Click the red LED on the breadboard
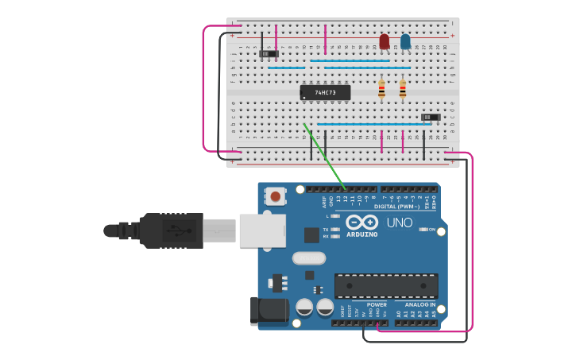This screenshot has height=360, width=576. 385,41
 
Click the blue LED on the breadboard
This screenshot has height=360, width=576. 405,41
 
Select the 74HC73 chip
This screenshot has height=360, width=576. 325,92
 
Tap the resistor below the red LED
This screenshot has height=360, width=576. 382,90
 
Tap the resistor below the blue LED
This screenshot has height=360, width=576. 403,90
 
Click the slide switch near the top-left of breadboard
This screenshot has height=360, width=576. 269,54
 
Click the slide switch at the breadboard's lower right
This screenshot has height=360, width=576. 430,117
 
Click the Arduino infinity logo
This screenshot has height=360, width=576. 362,223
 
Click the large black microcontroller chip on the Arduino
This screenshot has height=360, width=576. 386,286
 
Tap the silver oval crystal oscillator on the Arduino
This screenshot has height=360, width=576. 309,257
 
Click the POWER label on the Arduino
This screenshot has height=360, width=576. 377,304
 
